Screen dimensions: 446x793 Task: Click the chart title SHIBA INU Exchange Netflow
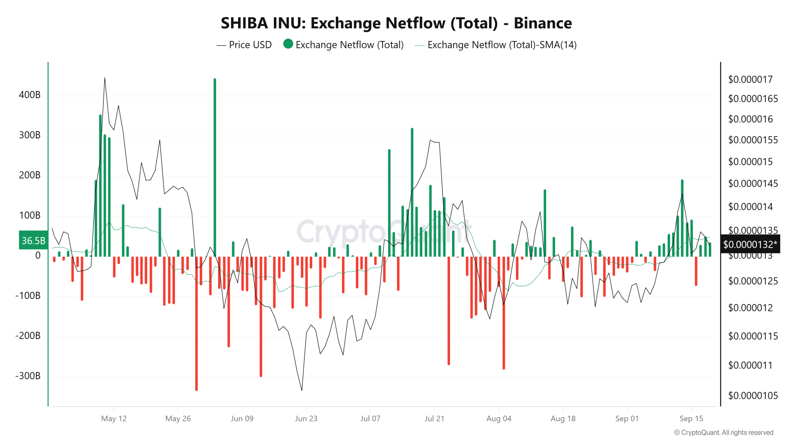[396, 23]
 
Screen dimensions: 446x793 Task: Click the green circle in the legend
[288, 44]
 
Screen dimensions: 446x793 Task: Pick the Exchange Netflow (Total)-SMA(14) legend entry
[502, 45]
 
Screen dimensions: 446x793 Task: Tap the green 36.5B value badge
[33, 240]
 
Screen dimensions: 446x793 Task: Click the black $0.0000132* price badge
[750, 244]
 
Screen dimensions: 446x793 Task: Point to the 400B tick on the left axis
[30, 95]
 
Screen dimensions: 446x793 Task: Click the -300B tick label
[28, 376]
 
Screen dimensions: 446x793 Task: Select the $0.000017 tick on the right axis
[750, 80]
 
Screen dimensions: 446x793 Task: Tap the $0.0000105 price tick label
[753, 396]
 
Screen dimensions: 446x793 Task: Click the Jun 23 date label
[306, 418]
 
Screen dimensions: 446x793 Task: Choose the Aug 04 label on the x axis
[499, 418]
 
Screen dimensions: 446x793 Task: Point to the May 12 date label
[114, 418]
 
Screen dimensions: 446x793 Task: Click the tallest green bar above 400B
[215, 167]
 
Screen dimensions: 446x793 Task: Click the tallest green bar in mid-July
[412, 192]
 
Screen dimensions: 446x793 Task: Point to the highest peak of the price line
[105, 78]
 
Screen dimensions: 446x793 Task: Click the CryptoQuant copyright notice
[724, 432]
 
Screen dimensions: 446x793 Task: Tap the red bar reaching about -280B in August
[504, 313]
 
